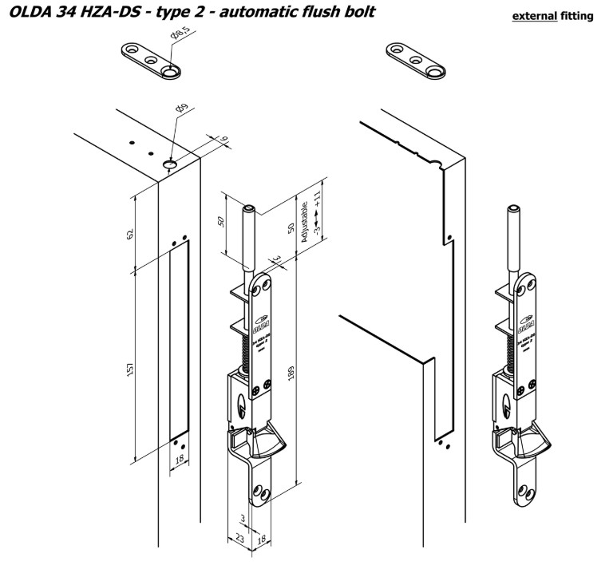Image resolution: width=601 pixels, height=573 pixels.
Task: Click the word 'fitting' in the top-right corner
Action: point(580,16)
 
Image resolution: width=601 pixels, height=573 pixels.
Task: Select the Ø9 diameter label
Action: point(181,109)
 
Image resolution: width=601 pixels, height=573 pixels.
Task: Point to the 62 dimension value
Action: point(129,232)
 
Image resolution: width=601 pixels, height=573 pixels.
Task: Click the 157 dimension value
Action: point(129,369)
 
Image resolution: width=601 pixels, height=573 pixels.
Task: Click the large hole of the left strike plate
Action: point(170,72)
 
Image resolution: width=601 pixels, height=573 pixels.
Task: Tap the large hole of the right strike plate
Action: point(434,72)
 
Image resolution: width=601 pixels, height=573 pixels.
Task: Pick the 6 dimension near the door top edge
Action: point(224,140)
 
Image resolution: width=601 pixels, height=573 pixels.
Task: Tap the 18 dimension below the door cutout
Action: point(180,460)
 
